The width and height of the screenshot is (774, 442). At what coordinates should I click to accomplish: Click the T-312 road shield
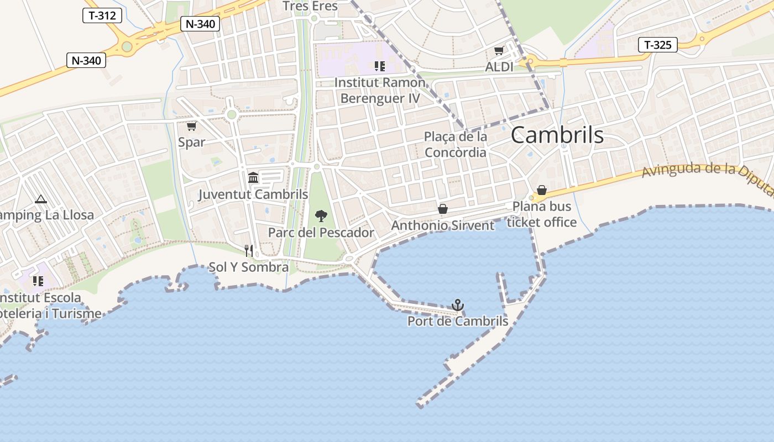click(x=102, y=15)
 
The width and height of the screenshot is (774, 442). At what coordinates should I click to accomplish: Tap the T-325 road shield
click(x=658, y=45)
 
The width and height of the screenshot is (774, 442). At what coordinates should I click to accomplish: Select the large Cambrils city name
click(x=557, y=135)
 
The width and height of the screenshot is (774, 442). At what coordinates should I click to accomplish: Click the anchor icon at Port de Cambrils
click(x=458, y=305)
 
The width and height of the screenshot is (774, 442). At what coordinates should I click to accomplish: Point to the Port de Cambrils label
click(x=458, y=321)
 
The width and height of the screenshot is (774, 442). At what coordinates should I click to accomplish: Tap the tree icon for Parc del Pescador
click(x=321, y=216)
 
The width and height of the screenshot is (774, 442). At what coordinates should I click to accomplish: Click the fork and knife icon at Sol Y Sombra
click(x=249, y=251)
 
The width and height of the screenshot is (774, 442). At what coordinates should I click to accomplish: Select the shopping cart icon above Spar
click(x=191, y=127)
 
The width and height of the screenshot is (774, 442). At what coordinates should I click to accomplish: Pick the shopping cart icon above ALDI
click(x=499, y=51)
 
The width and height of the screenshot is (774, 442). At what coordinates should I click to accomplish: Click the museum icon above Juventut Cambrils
click(x=253, y=177)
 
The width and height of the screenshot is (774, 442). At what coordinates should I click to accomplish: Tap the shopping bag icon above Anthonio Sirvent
click(x=442, y=209)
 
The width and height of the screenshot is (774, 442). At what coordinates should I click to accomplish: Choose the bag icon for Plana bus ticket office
click(x=542, y=191)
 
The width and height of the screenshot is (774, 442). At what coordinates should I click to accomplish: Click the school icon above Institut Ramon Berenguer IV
click(x=379, y=66)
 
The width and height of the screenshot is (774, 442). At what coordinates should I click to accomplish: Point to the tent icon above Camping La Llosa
click(x=40, y=199)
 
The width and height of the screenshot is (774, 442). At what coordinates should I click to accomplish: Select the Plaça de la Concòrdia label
click(x=456, y=144)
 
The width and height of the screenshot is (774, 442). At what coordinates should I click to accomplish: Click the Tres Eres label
click(x=310, y=6)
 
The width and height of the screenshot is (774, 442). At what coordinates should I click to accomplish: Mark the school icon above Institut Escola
click(x=38, y=281)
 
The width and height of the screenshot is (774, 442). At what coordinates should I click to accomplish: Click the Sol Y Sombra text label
click(x=248, y=267)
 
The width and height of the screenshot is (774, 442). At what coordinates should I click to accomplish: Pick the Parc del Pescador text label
click(x=321, y=233)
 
